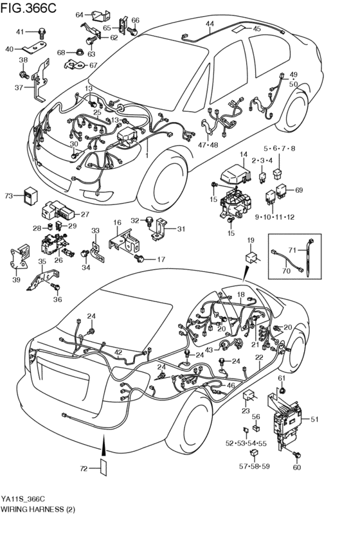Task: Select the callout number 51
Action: click(x=314, y=420)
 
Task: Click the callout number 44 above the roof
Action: click(x=210, y=24)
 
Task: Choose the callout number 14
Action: click(x=244, y=155)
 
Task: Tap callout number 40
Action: click(x=9, y=49)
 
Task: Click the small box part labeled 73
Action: click(x=30, y=195)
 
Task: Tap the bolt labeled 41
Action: click(x=42, y=32)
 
